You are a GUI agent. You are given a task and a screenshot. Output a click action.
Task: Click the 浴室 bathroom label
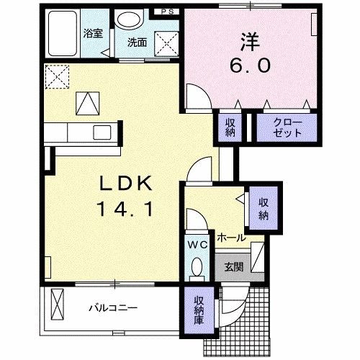tap(92, 32)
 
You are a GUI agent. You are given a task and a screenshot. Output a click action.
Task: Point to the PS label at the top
tap(167, 12)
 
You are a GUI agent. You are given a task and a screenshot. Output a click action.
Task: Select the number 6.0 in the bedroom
tap(251, 66)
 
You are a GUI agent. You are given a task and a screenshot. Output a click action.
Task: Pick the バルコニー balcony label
tap(113, 308)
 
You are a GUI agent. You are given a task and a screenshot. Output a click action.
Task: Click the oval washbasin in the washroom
tap(129, 19)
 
